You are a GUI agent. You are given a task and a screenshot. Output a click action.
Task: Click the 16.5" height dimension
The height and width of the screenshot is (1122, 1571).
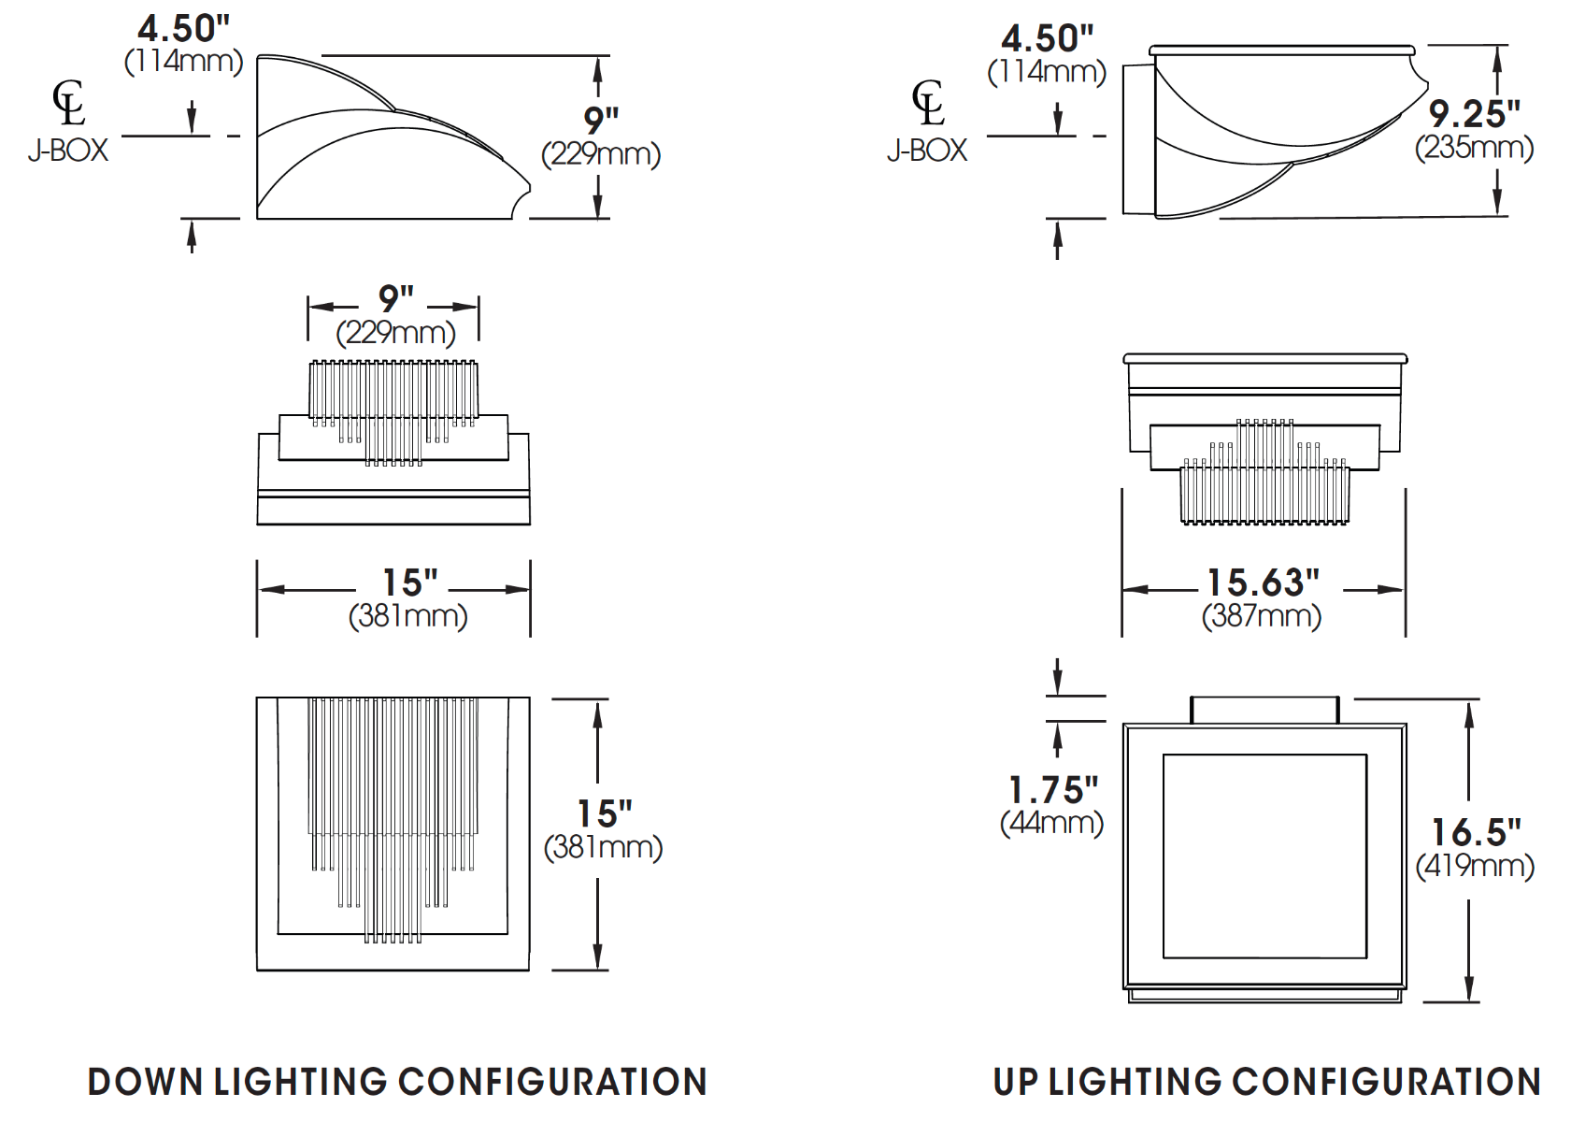[x=1476, y=831]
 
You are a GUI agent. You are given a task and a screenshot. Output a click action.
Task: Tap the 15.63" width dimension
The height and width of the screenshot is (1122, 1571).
[x=1263, y=583]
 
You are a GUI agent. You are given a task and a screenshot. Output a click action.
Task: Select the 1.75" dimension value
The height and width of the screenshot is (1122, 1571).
[x=1053, y=790]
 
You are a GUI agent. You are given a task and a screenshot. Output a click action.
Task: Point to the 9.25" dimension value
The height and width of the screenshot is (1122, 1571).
[x=1474, y=114]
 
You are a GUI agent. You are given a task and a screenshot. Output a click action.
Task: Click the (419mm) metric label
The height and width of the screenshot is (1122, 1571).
[x=1475, y=866]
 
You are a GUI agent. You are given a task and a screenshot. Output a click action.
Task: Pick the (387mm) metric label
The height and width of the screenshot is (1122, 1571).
[x=1262, y=616]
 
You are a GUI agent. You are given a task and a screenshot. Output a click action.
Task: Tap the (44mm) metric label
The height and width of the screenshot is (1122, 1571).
[x=1052, y=823]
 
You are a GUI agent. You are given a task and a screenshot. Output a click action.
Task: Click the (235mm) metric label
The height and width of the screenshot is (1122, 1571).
[x=1474, y=148]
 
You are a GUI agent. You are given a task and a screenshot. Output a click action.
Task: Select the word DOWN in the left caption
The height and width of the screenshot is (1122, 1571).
[x=145, y=1082]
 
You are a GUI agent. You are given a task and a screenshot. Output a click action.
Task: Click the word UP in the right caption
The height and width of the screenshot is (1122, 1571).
[x=1015, y=1082]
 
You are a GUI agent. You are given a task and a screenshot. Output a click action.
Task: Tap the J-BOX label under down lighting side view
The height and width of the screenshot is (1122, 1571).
[x=68, y=150]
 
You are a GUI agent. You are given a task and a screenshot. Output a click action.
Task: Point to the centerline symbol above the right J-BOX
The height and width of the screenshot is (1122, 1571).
[x=928, y=102]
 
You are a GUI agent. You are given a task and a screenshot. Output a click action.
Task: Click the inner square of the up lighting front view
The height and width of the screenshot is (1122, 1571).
[x=1264, y=856]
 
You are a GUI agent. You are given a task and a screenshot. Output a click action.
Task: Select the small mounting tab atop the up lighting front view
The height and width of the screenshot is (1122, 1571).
[x=1264, y=710]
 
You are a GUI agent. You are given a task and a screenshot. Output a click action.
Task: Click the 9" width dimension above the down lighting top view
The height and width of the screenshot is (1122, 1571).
[x=395, y=299]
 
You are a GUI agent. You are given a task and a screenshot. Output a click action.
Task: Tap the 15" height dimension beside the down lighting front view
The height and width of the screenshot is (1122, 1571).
[x=604, y=813]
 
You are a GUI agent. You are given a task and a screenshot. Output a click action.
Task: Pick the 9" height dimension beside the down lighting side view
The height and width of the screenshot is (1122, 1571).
[x=600, y=120]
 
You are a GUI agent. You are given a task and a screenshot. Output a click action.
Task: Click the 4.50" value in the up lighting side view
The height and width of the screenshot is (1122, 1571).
[x=1047, y=39]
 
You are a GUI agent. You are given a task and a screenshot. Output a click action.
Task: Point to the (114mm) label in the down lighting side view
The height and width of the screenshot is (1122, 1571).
[x=183, y=62]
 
